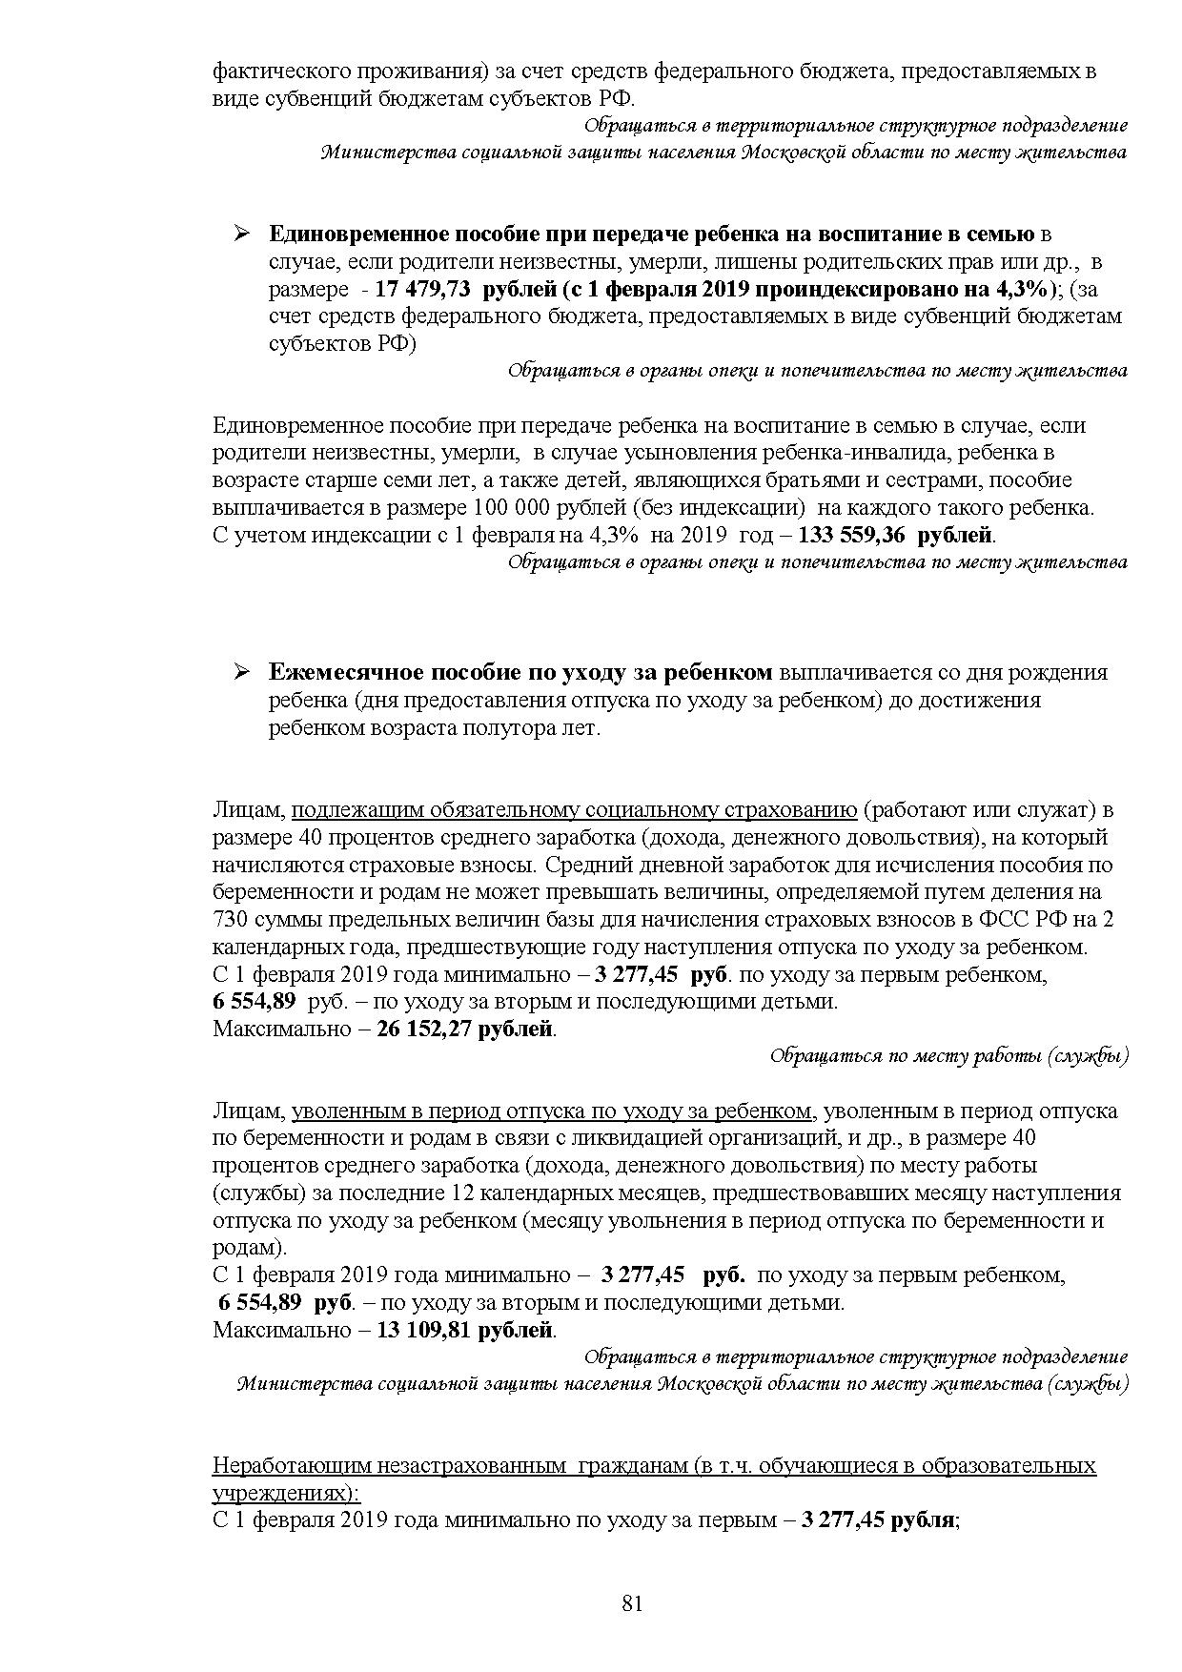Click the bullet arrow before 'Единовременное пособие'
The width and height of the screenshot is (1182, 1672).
tap(241, 234)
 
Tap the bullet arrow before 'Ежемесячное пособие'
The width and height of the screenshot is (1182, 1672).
tap(241, 672)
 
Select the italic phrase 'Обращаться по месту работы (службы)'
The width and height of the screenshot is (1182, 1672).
tap(948, 1056)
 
